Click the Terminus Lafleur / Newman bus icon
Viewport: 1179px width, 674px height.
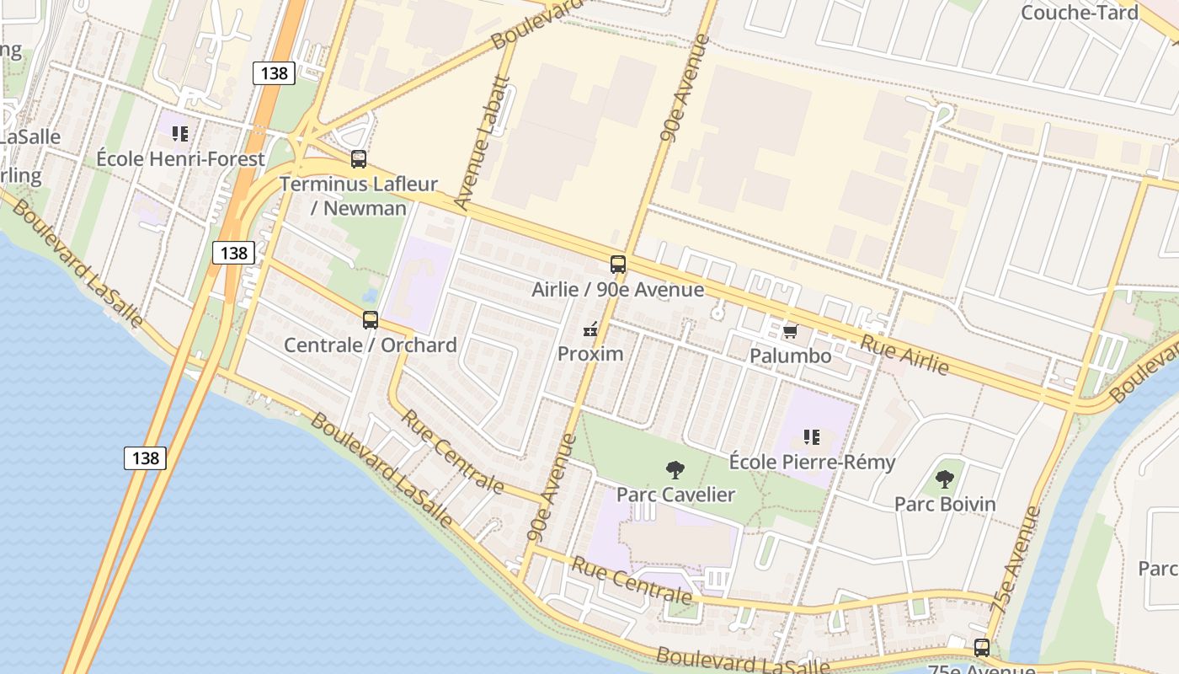pyautogui.click(x=359, y=158)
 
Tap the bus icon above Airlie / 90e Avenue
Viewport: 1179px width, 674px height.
pyautogui.click(x=618, y=264)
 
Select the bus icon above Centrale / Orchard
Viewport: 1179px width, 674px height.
pyautogui.click(x=371, y=319)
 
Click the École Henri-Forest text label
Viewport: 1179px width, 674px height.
pyautogui.click(x=180, y=158)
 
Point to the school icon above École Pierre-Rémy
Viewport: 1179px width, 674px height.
pyautogui.click(x=812, y=436)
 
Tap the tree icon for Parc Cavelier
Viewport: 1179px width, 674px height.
pyautogui.click(x=675, y=470)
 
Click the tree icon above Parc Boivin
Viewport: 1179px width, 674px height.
pyautogui.click(x=945, y=479)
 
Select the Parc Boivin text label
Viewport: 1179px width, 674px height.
pyautogui.click(x=945, y=504)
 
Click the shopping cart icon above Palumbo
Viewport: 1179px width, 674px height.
pyautogui.click(x=790, y=331)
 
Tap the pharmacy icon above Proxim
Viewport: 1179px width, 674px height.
pyautogui.click(x=590, y=329)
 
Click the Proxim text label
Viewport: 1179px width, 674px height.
pyautogui.click(x=590, y=353)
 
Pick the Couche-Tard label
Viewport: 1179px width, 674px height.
pyautogui.click(x=1080, y=13)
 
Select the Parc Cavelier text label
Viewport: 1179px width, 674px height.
pyautogui.click(x=675, y=495)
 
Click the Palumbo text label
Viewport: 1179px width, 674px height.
pyautogui.click(x=791, y=356)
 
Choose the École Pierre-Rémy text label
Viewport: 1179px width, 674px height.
pyautogui.click(x=812, y=462)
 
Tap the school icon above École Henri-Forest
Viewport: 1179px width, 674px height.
pyautogui.click(x=179, y=133)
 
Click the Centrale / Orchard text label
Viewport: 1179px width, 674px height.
pyautogui.click(x=371, y=345)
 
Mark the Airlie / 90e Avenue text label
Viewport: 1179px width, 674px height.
pyautogui.click(x=618, y=290)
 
